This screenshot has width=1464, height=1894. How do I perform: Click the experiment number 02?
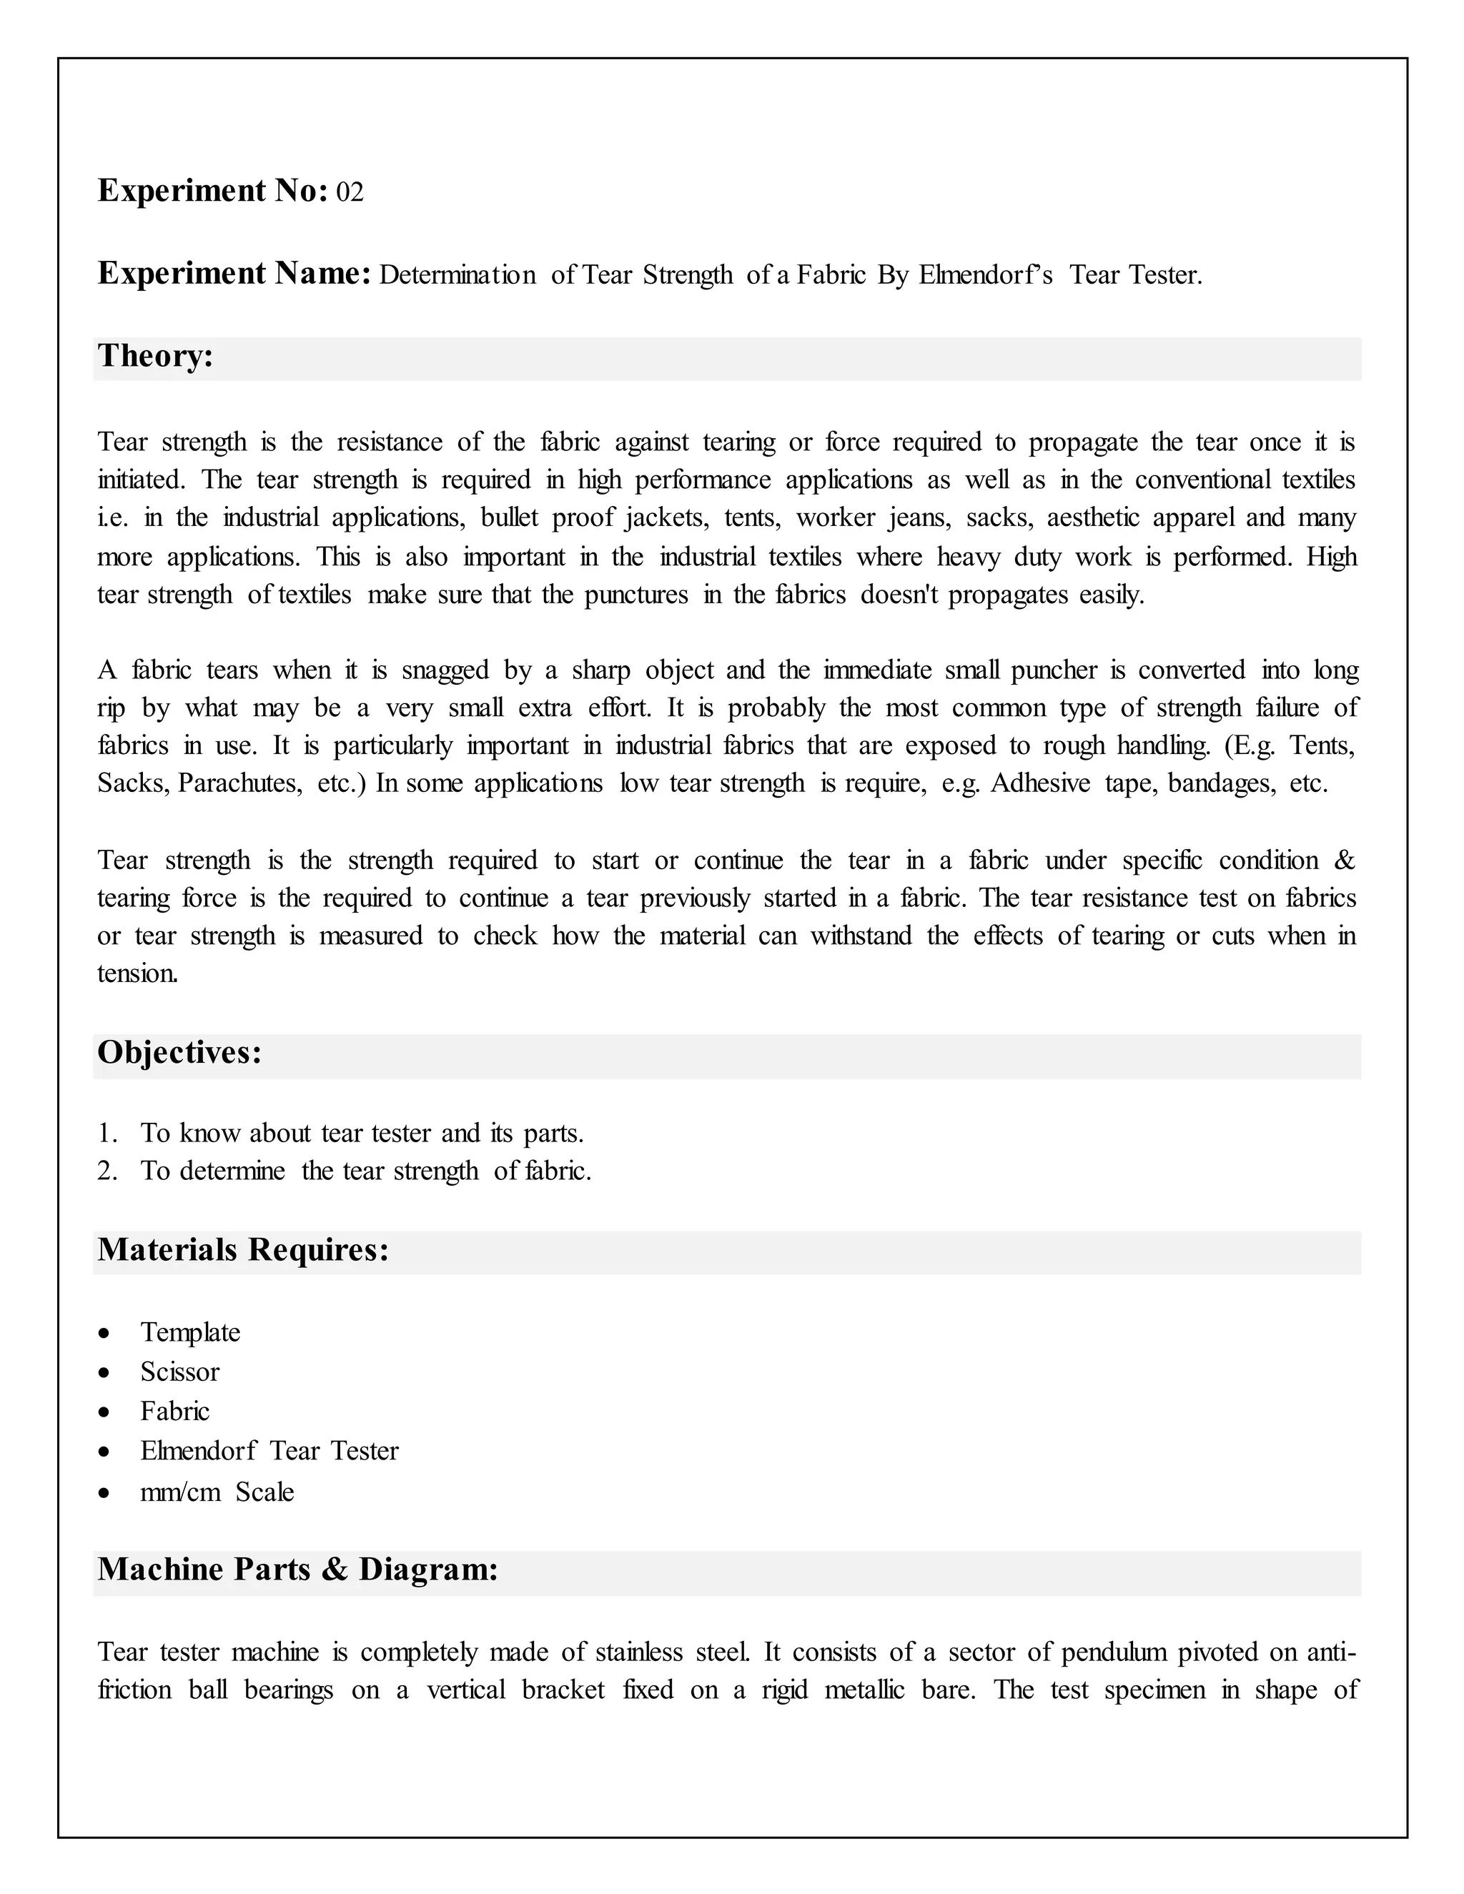coord(350,192)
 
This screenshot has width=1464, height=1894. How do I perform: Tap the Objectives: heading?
coord(179,1053)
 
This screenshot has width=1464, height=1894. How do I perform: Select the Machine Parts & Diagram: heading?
coord(297,1570)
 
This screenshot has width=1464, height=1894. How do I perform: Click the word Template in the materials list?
coord(190,1332)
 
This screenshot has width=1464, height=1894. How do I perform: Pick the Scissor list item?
coord(179,1372)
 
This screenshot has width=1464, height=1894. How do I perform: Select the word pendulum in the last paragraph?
coord(1114,1652)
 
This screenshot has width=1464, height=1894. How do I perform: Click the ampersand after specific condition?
coord(1345,861)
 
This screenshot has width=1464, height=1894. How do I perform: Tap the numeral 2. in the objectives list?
coord(107,1171)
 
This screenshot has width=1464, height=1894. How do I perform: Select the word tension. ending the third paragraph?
coord(138,974)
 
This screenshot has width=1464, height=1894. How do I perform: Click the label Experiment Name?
coord(234,274)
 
